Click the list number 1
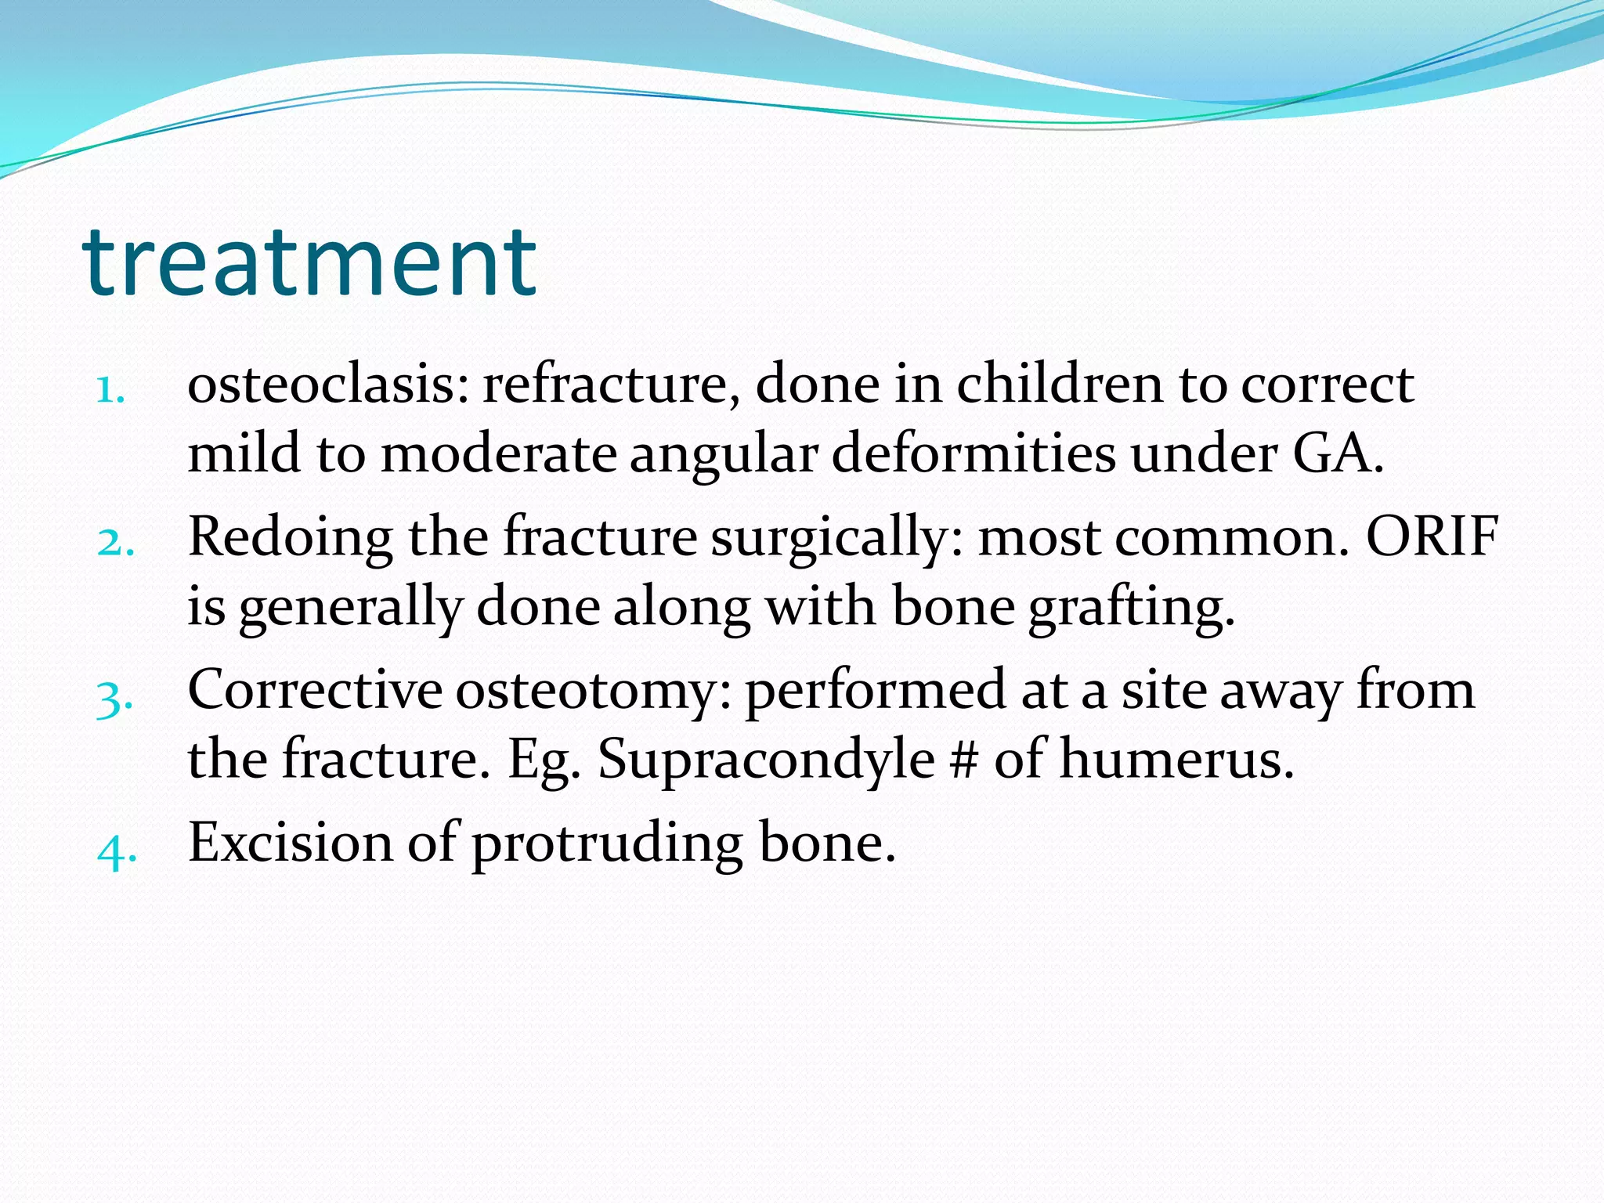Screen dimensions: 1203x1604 pos(110,389)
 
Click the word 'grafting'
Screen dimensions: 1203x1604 pos(1130,608)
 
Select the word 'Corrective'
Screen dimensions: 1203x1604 pos(315,691)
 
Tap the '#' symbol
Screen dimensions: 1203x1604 pos(963,760)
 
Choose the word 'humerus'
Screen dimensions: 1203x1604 pos(1175,760)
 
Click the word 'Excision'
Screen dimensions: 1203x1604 pos(290,844)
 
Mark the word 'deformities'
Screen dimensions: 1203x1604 pos(973,453)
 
